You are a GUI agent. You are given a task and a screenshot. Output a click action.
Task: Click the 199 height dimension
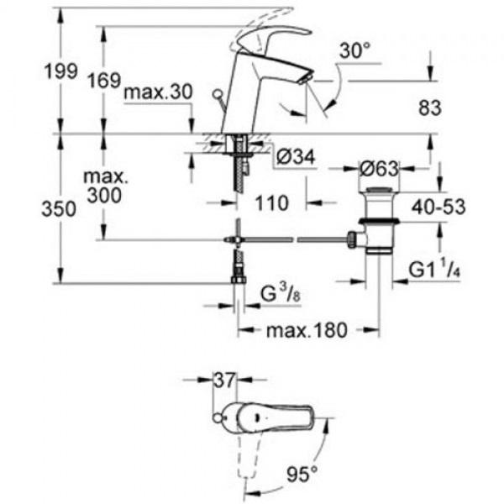point(61,71)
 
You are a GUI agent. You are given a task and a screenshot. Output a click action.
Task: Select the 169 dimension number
point(105,80)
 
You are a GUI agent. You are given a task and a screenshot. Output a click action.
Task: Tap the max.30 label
point(158,92)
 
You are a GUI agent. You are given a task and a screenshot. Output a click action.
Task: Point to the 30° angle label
point(354,50)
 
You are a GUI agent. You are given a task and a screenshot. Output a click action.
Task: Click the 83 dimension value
point(430,108)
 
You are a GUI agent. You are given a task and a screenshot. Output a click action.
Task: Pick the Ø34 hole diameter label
point(296,157)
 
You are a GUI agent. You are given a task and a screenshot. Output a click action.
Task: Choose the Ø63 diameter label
point(379,169)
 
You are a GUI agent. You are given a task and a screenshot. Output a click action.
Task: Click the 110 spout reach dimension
point(271,203)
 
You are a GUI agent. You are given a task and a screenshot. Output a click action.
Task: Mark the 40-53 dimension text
point(438,207)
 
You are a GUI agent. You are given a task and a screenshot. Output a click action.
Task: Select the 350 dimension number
point(59,209)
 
